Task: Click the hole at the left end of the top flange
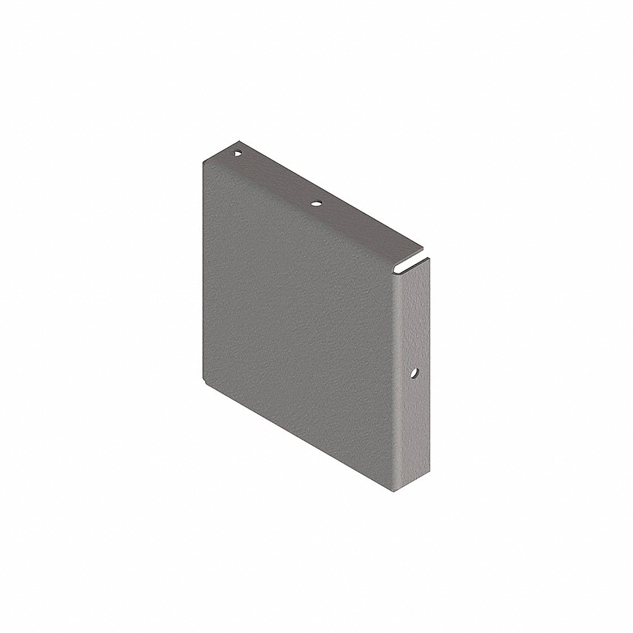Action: (237, 153)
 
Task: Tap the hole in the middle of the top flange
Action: (316, 204)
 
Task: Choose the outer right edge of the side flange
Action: (430, 380)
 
